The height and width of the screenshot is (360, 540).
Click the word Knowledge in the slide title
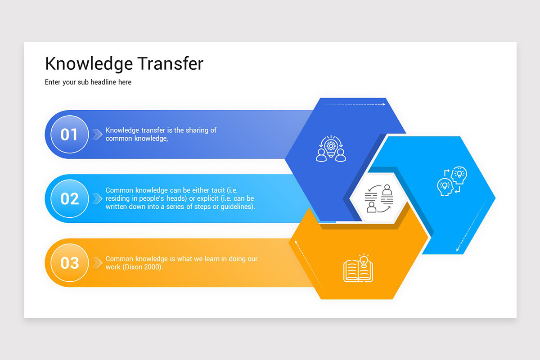click(x=88, y=64)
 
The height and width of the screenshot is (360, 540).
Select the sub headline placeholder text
click(x=88, y=82)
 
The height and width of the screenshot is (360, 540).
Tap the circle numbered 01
click(x=69, y=135)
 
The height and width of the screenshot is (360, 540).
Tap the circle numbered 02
click(x=69, y=198)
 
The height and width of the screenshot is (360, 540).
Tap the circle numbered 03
click(x=69, y=263)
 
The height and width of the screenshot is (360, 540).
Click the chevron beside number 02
click(x=97, y=198)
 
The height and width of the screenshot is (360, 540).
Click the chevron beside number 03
click(x=97, y=263)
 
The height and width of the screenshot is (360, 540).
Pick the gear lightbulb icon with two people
click(x=331, y=149)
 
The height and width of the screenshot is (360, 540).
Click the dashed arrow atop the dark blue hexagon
click(x=353, y=104)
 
